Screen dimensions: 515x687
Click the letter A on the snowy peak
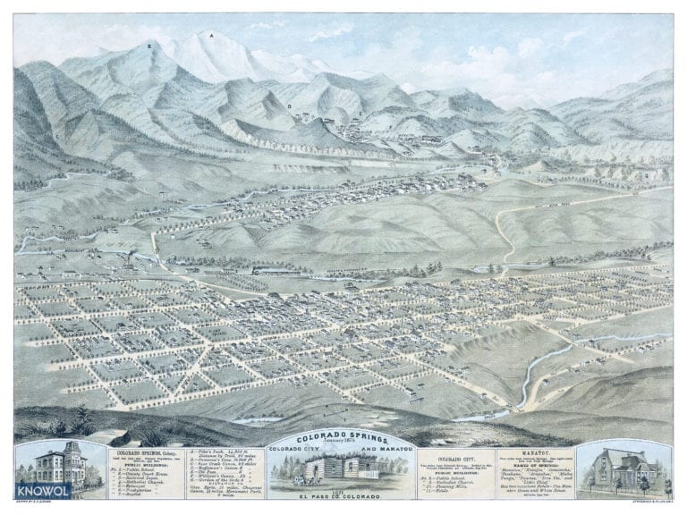pyautogui.click(x=211, y=37)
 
